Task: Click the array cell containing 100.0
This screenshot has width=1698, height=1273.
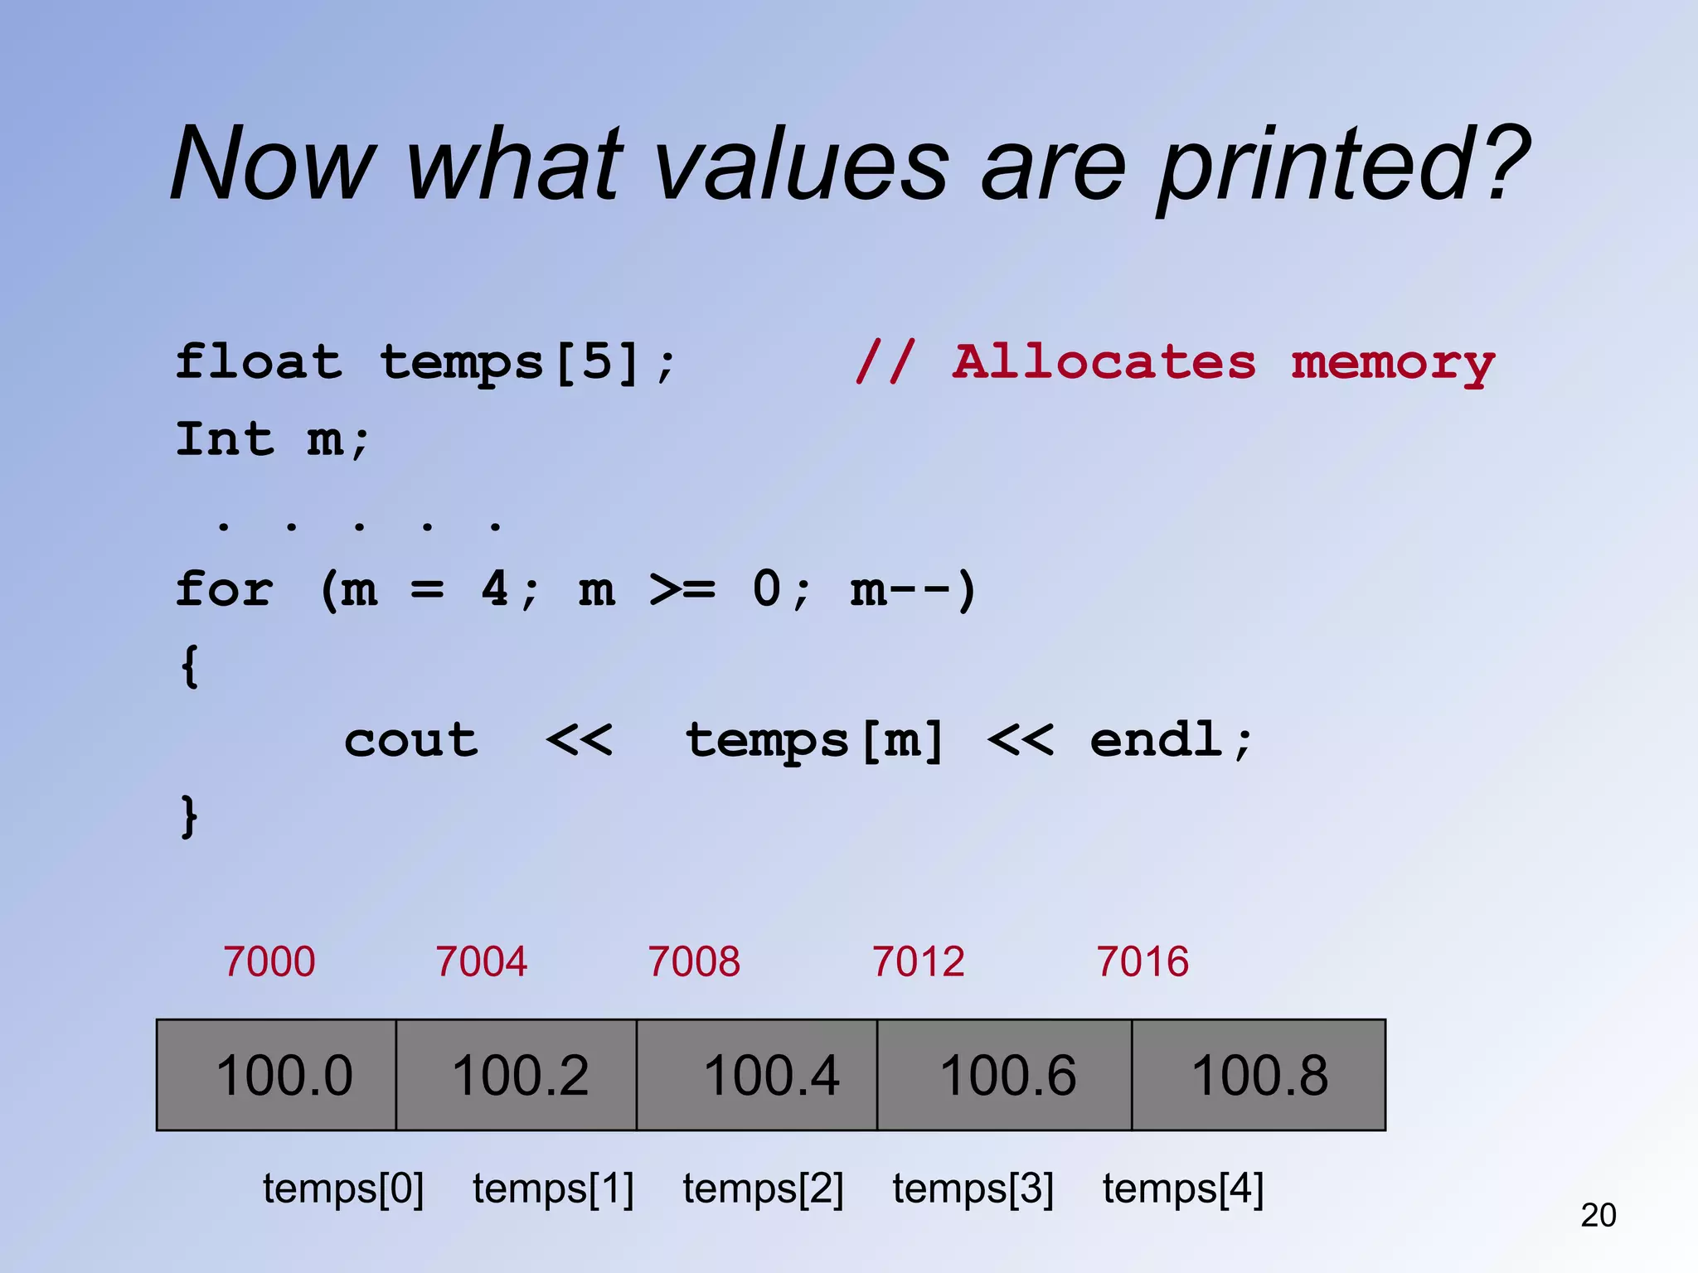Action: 276,1075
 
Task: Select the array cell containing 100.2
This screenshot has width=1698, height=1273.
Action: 517,1075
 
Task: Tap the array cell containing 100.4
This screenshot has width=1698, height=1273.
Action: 757,1075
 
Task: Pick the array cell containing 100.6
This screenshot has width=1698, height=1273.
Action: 1005,1075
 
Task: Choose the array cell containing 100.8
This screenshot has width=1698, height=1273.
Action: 1259,1075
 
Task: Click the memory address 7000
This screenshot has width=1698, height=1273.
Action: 269,961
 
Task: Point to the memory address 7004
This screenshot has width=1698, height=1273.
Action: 482,961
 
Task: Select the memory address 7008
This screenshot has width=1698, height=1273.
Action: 694,961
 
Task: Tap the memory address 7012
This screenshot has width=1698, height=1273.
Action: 919,961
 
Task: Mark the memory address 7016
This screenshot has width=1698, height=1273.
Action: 1143,961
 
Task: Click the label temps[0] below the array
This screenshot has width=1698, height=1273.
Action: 343,1188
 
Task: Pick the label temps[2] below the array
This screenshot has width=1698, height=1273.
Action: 763,1188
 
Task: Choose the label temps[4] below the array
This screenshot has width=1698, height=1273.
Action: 1183,1188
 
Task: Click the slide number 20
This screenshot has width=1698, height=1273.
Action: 1599,1215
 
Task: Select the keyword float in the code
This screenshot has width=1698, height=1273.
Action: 259,362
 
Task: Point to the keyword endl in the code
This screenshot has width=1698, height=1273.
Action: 1157,739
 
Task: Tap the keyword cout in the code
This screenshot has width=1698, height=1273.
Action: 411,739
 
